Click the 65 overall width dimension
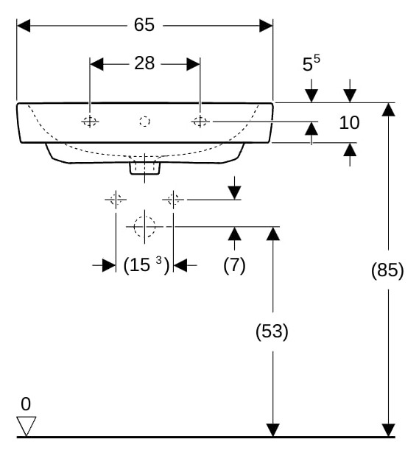coord(144,25)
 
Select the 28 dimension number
coord(144,63)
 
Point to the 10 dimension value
coord(349,122)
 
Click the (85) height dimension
coord(387,270)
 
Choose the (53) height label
coord(272,332)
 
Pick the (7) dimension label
coord(234,265)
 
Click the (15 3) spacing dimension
coord(147,265)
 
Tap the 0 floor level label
coord(26,404)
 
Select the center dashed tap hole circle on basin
coord(144,122)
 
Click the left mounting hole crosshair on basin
coord(90,122)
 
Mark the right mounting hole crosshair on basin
coord(200,122)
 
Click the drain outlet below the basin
coord(145,168)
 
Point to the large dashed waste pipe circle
coord(144,227)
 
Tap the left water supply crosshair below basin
coord(116,200)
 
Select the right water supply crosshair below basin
coord(173,200)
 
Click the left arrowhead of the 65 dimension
coord(24,26)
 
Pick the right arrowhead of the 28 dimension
coord(194,64)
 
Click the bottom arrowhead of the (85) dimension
coord(389,430)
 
